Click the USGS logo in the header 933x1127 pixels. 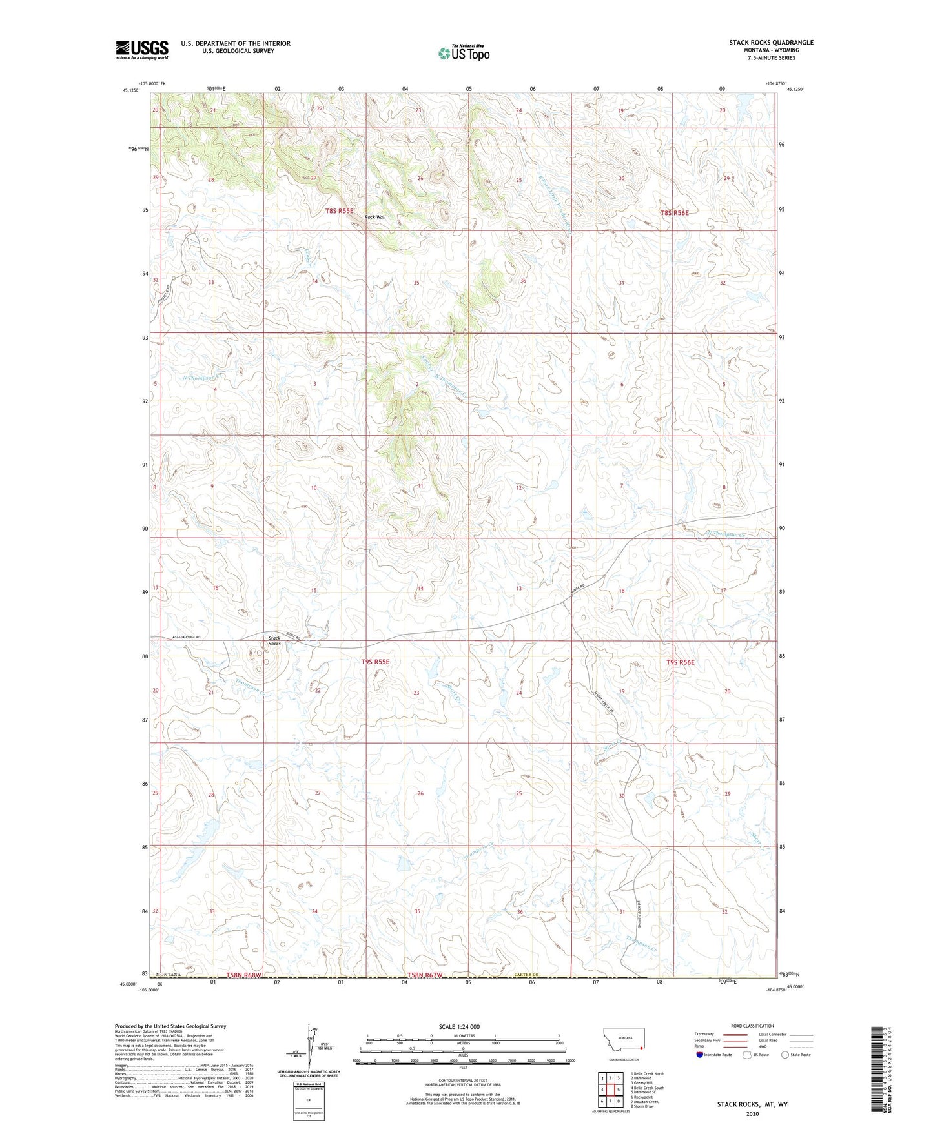pos(142,49)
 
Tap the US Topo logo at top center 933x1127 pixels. pos(462,53)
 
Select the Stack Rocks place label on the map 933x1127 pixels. pos(274,641)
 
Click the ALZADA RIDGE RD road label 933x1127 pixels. pos(187,638)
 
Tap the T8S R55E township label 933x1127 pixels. pos(339,211)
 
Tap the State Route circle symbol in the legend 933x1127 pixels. pos(785,1055)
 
